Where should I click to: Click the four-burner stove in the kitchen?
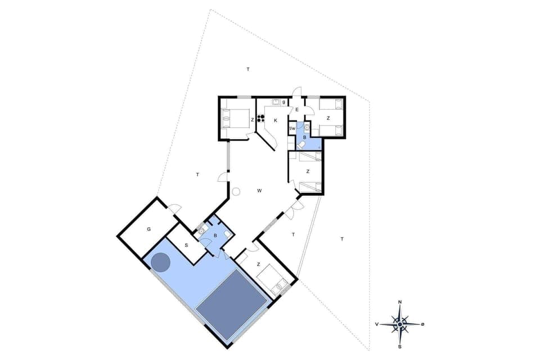261,119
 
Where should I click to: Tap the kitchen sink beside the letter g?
276,102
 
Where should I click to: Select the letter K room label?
276,120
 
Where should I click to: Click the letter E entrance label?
296,110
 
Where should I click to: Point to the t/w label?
292,128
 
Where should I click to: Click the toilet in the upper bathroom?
302,145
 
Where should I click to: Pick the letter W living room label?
259,191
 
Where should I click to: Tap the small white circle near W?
236,191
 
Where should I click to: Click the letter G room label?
149,229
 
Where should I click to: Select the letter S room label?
186,245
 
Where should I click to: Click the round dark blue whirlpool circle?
161,262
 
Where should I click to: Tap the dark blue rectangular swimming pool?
231,304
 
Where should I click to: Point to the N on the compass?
400,303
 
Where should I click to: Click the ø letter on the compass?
422,324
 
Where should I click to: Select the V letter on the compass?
377,325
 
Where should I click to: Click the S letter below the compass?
400,346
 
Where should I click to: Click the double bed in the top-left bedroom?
236,119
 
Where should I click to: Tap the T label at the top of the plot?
247,69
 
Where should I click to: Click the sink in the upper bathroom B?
307,127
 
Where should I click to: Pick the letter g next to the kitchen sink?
283,102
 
